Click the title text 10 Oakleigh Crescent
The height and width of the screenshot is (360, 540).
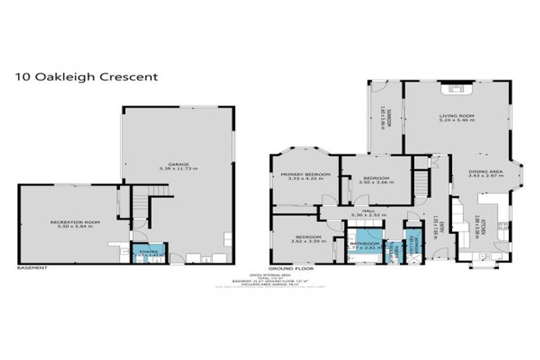[85, 76]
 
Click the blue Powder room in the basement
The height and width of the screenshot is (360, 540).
[148, 252]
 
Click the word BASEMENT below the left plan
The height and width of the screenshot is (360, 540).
[32, 268]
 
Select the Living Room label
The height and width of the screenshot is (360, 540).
[456, 115]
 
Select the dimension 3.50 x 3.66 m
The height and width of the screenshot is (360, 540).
[376, 182]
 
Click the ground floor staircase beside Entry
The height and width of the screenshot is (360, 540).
[420, 185]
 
